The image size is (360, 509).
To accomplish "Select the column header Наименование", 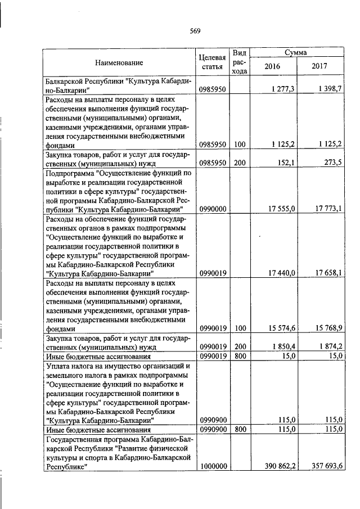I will coord(119,62).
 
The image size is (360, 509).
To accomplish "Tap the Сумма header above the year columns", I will coord(295,52).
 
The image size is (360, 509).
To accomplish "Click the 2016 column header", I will coord(272,66).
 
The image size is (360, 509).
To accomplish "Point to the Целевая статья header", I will coord(213,62).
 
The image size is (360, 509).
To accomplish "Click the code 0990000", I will coord(213,209).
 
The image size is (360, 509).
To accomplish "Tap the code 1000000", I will coord(213,466).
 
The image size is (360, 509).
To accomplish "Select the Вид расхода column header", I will coord(239,62).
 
